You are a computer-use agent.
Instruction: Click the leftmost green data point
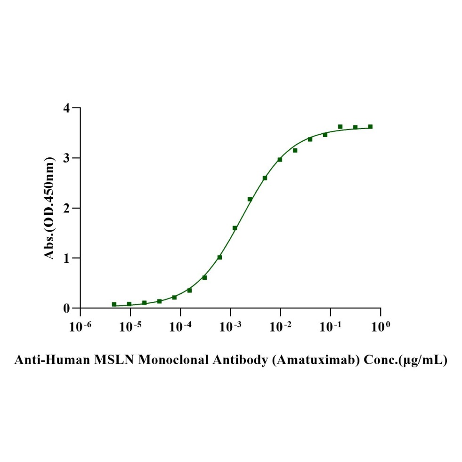pyautogui.click(x=114, y=304)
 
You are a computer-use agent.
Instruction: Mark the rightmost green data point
pyautogui.click(x=370, y=127)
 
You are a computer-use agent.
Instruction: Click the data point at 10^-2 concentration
pyautogui.click(x=280, y=160)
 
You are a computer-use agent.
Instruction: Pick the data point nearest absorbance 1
pyautogui.click(x=219, y=257)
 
